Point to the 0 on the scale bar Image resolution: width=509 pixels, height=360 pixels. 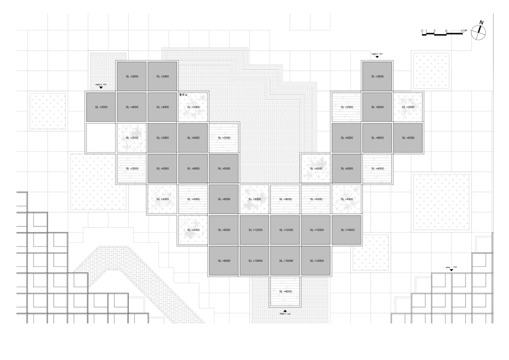click(x=422, y=32)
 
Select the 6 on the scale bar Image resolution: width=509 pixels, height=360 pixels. click(x=446, y=32)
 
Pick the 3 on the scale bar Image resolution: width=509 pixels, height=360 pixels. click(x=434, y=32)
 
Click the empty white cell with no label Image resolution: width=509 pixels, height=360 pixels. click(x=101, y=137)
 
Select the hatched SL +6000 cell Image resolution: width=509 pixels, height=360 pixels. click(x=285, y=292)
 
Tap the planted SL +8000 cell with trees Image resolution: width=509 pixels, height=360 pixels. click(x=254, y=199)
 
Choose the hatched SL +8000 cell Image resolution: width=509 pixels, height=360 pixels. click(x=285, y=199)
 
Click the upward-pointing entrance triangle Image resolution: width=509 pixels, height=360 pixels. click(x=285, y=311)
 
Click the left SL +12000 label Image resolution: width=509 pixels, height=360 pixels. click(x=254, y=230)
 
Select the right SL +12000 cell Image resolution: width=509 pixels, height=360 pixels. click(x=285, y=230)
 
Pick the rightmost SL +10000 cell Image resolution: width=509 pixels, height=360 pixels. click(x=347, y=230)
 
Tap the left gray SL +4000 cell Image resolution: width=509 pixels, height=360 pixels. click(x=131, y=107)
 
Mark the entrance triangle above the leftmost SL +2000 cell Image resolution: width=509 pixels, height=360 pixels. click(x=101, y=88)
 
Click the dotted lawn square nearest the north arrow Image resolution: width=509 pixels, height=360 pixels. click(x=431, y=70)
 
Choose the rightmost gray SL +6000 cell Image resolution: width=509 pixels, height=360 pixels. click(x=408, y=137)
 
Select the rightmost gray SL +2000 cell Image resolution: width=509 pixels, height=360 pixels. click(x=377, y=76)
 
